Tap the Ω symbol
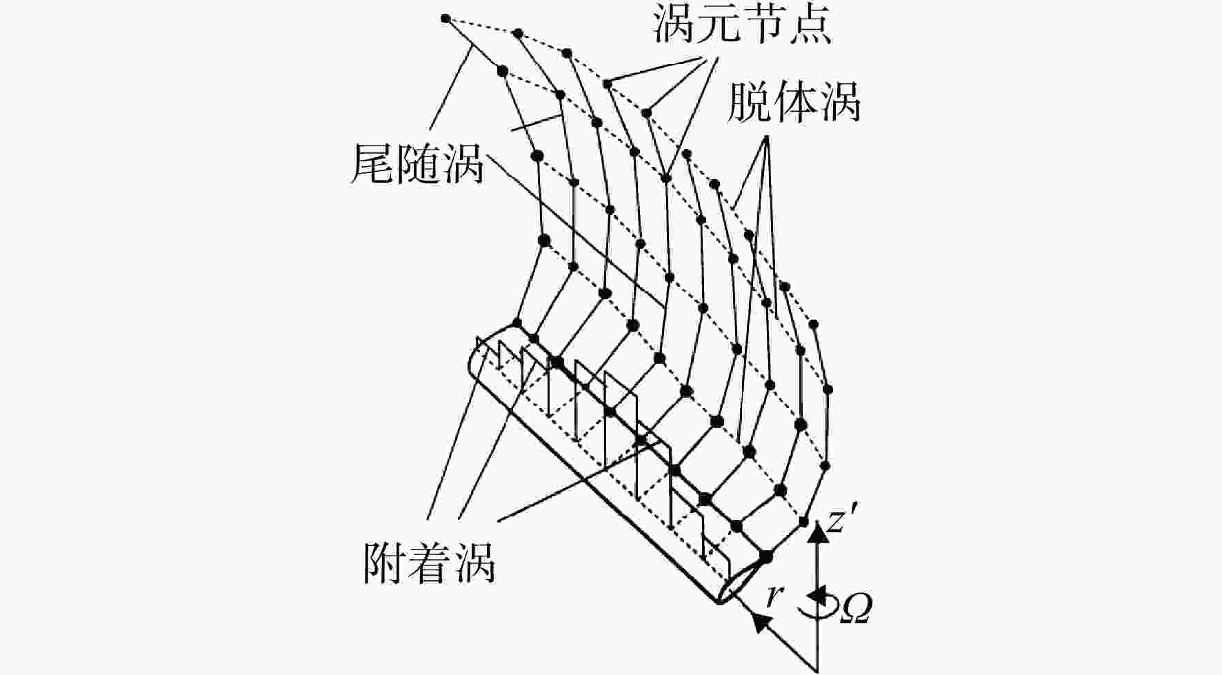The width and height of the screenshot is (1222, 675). pyautogui.click(x=856, y=609)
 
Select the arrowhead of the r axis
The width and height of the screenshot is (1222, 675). pyautogui.click(x=760, y=621)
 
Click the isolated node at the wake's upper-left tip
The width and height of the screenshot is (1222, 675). pyautogui.click(x=445, y=19)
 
